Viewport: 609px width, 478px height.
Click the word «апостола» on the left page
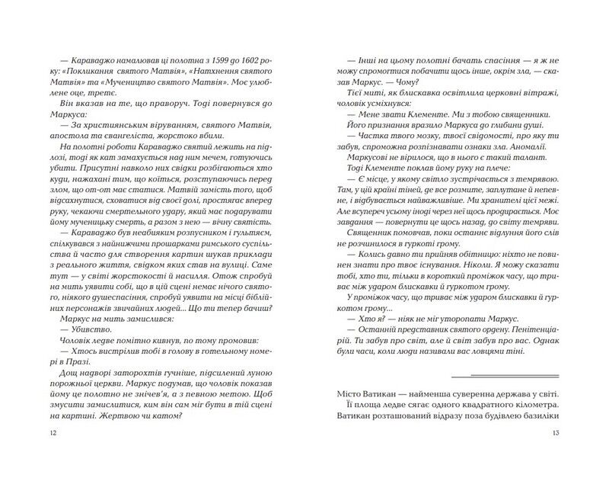pyautogui.click(x=66, y=146)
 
